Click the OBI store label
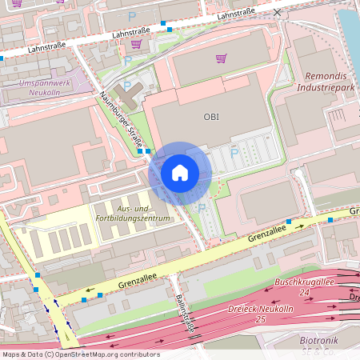(x=211, y=117)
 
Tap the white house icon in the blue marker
(x=180, y=173)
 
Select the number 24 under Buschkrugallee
(x=304, y=293)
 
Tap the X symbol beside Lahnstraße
(x=277, y=13)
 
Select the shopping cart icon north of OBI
(x=221, y=58)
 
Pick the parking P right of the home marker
(x=234, y=152)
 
